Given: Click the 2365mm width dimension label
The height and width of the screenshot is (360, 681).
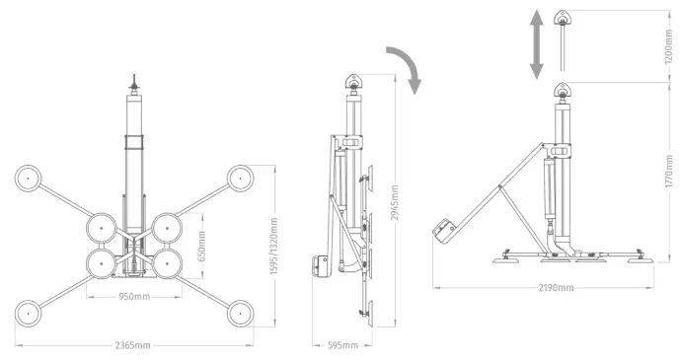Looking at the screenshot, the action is [x=133, y=345].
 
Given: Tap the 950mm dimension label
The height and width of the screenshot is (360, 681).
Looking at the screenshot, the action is [x=134, y=297].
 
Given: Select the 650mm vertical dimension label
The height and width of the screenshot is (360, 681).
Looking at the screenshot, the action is [x=202, y=247].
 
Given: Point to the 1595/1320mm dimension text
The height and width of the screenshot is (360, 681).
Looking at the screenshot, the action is [x=274, y=247].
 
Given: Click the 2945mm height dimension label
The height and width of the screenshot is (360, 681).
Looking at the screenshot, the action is [x=395, y=202].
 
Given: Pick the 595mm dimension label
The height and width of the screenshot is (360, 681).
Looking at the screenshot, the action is [x=342, y=345].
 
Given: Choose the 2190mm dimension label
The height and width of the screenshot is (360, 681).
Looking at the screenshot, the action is [x=557, y=287].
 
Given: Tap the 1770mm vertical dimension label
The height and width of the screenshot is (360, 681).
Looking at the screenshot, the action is [x=669, y=172].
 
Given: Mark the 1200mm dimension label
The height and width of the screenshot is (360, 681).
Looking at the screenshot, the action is [x=669, y=47].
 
